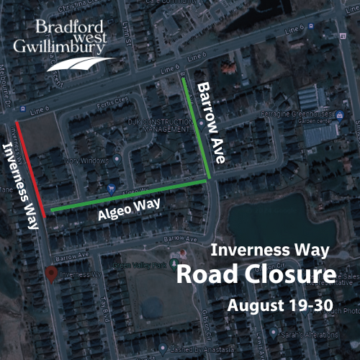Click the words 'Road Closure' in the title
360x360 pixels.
pos(256,275)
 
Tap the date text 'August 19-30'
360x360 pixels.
pos(279,305)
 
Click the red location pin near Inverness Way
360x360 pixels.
pos(50,274)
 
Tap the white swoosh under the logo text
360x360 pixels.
pos(79,66)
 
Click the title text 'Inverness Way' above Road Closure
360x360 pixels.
pos(269,251)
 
